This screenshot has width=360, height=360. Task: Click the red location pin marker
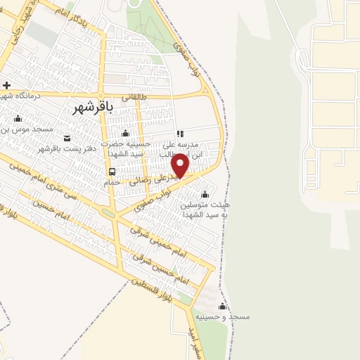[x=181, y=165]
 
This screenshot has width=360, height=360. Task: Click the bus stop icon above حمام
[x=112, y=171]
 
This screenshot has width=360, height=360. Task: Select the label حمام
[x=112, y=182]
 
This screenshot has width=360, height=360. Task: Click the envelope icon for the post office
[x=67, y=138]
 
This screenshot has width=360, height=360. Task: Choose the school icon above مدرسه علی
[x=180, y=133]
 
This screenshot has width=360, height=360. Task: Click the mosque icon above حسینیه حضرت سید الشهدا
[x=125, y=133]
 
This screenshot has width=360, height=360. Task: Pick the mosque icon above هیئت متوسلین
[x=205, y=195]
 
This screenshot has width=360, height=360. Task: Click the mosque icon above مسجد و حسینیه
[x=223, y=307]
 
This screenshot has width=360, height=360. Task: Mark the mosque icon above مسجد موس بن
[x=17, y=119]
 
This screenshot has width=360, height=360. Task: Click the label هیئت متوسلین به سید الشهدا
[x=205, y=209]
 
